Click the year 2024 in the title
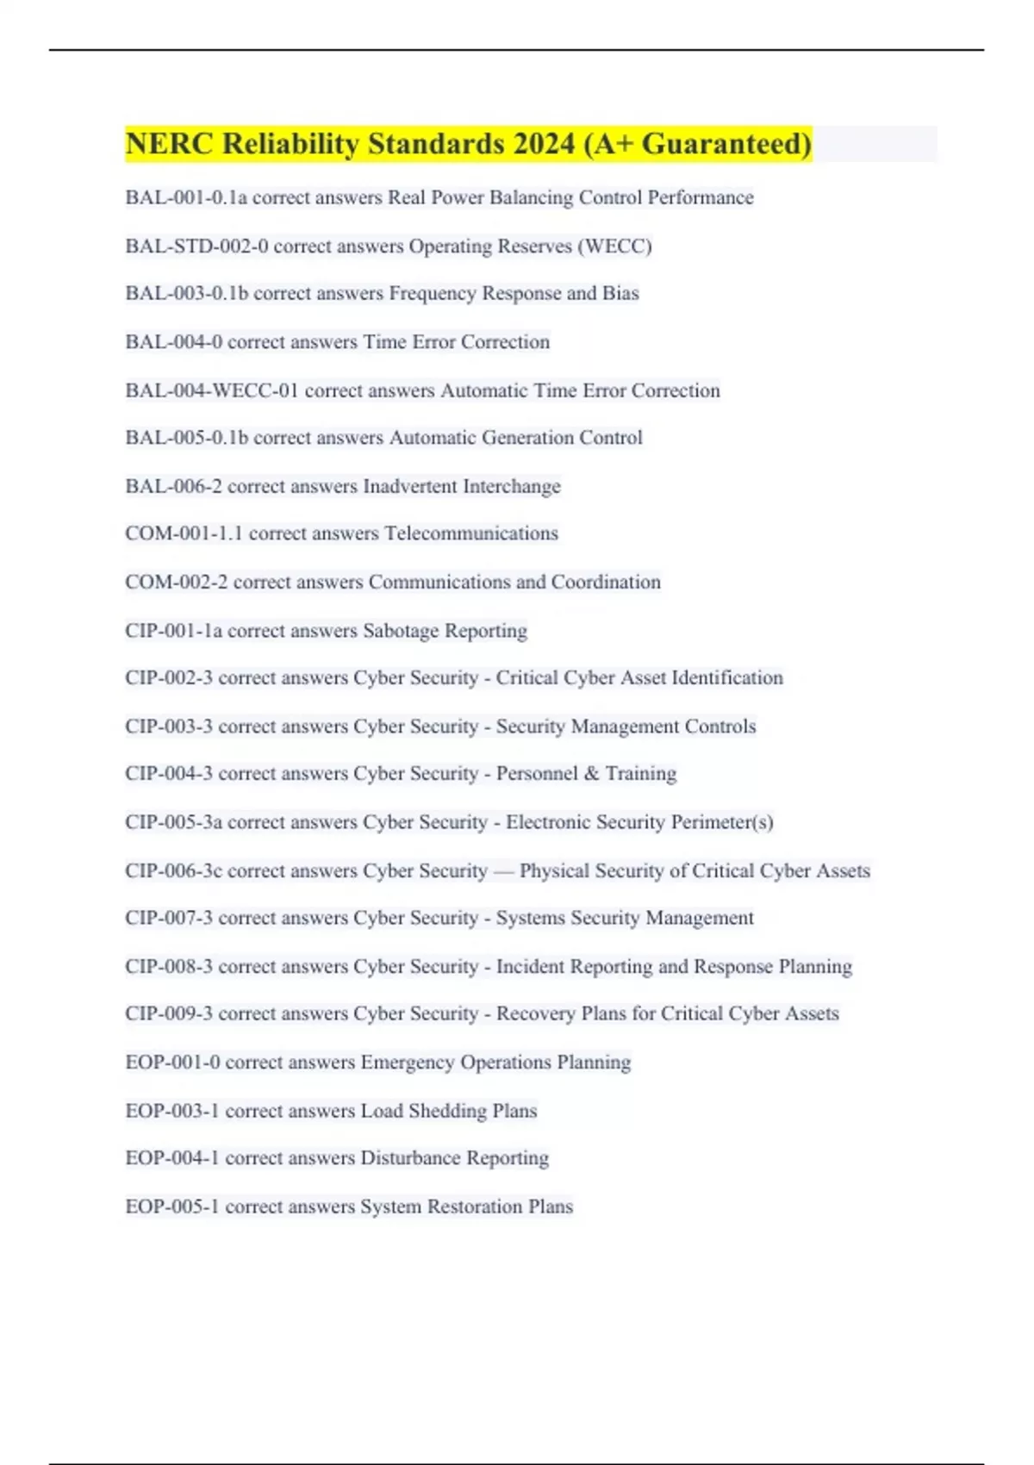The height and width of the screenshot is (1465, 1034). pos(544,144)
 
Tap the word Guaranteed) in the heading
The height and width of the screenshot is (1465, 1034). pos(726,144)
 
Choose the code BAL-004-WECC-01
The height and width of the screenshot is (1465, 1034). pos(212,391)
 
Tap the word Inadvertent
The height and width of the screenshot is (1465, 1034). pos(410,487)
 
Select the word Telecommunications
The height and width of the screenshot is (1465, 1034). pos(471,534)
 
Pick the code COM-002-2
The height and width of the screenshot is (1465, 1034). pos(177,583)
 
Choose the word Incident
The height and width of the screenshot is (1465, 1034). pos(530,967)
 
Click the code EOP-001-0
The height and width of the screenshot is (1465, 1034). pos(172,1063)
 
